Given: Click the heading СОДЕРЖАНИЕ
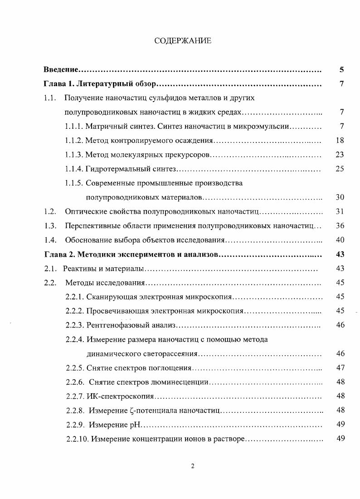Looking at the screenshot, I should pyautogui.click(x=183, y=41).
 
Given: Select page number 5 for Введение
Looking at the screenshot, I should pyautogui.click(x=341, y=69).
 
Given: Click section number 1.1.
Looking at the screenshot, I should pyautogui.click(x=50, y=98).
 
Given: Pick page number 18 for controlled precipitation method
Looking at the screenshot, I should pyautogui.click(x=340, y=141).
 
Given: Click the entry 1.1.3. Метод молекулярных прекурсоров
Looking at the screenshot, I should pyautogui.click(x=138, y=155).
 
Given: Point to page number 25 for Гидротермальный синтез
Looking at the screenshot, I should pyautogui.click(x=340, y=169).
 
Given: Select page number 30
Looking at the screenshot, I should pyautogui.click(x=340, y=197).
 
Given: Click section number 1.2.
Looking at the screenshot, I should pyautogui.click(x=50, y=211).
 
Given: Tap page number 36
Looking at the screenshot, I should pyautogui.click(x=340, y=225).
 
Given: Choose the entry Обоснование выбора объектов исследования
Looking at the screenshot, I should pyautogui.click(x=145, y=240).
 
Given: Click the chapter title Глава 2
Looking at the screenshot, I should pyautogui.click(x=131, y=254).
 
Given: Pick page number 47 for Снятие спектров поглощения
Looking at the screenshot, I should pyautogui.click(x=340, y=367).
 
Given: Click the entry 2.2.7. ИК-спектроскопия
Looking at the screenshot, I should pyautogui.click(x=110, y=396).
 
